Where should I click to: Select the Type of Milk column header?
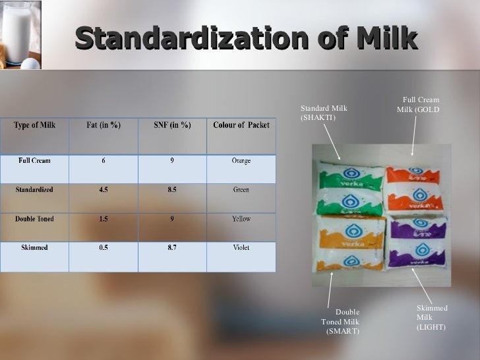(x=34, y=125)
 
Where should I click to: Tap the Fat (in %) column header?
(x=104, y=125)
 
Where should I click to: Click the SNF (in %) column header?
(x=172, y=125)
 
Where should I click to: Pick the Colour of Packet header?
(x=241, y=125)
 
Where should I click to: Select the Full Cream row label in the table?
(x=34, y=160)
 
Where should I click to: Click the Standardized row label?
(x=34, y=189)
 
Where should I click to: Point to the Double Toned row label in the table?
(x=34, y=219)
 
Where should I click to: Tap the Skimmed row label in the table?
(x=34, y=248)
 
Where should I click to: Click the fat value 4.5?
(x=104, y=189)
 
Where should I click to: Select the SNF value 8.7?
(x=172, y=248)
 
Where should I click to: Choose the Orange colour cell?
(x=241, y=160)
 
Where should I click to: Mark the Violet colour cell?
(x=241, y=248)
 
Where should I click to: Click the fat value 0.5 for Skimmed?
(x=104, y=248)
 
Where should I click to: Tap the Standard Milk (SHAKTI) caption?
(x=324, y=113)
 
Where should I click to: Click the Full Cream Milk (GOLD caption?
(x=419, y=104)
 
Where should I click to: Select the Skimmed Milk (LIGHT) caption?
(x=432, y=317)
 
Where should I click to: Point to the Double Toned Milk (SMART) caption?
(x=342, y=321)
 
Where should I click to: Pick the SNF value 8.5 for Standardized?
(x=172, y=189)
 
